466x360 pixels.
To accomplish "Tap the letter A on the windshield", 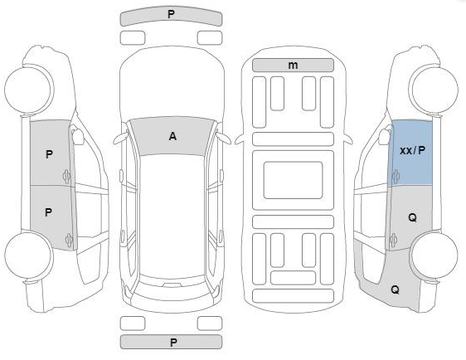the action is coord(172,136).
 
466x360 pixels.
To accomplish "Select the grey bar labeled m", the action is coord(293,65).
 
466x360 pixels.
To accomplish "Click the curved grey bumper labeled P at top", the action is coord(171,16).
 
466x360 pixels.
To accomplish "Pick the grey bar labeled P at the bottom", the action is coord(171,342).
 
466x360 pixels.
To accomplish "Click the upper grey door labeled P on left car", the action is coord(50,153).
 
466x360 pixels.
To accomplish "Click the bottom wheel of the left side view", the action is coord(29,256).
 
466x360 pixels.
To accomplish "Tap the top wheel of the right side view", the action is coord(434,90).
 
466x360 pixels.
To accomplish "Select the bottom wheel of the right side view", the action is coord(434,255).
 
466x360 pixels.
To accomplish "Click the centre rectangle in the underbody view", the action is coord(293,180).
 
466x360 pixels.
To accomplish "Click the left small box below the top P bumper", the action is coord(133,38).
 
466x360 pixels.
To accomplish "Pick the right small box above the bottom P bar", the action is coord(210,324).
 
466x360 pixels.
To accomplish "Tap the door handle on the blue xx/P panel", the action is coord(396,177).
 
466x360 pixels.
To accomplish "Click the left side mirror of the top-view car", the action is coord(121,139).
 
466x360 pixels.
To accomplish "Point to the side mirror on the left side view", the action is coord(78,135).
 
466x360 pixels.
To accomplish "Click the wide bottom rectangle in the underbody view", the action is coord(293,296).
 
